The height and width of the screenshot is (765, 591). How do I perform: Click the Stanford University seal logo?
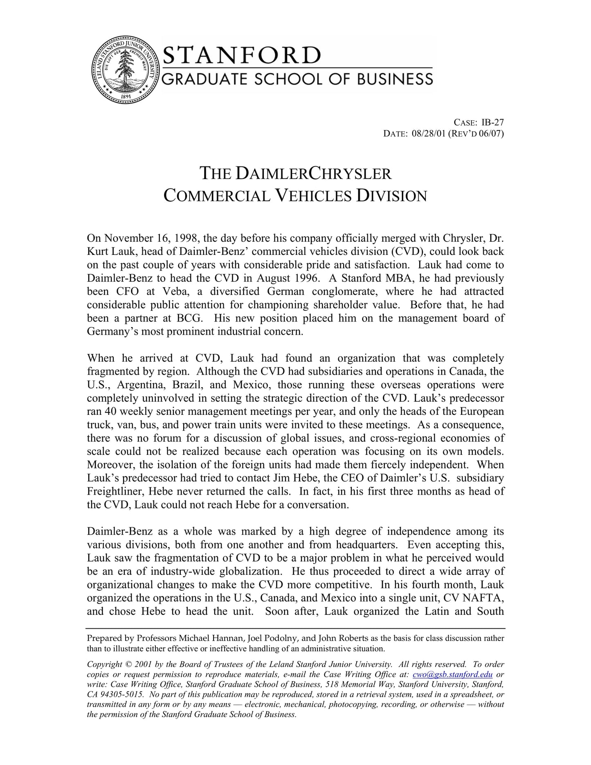pos(125,70)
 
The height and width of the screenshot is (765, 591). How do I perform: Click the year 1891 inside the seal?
pos(125,96)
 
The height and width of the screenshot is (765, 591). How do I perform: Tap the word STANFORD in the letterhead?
pos(241,56)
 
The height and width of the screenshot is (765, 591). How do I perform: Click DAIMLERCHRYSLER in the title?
pos(313,173)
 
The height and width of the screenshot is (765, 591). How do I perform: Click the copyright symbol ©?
pos(128,665)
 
